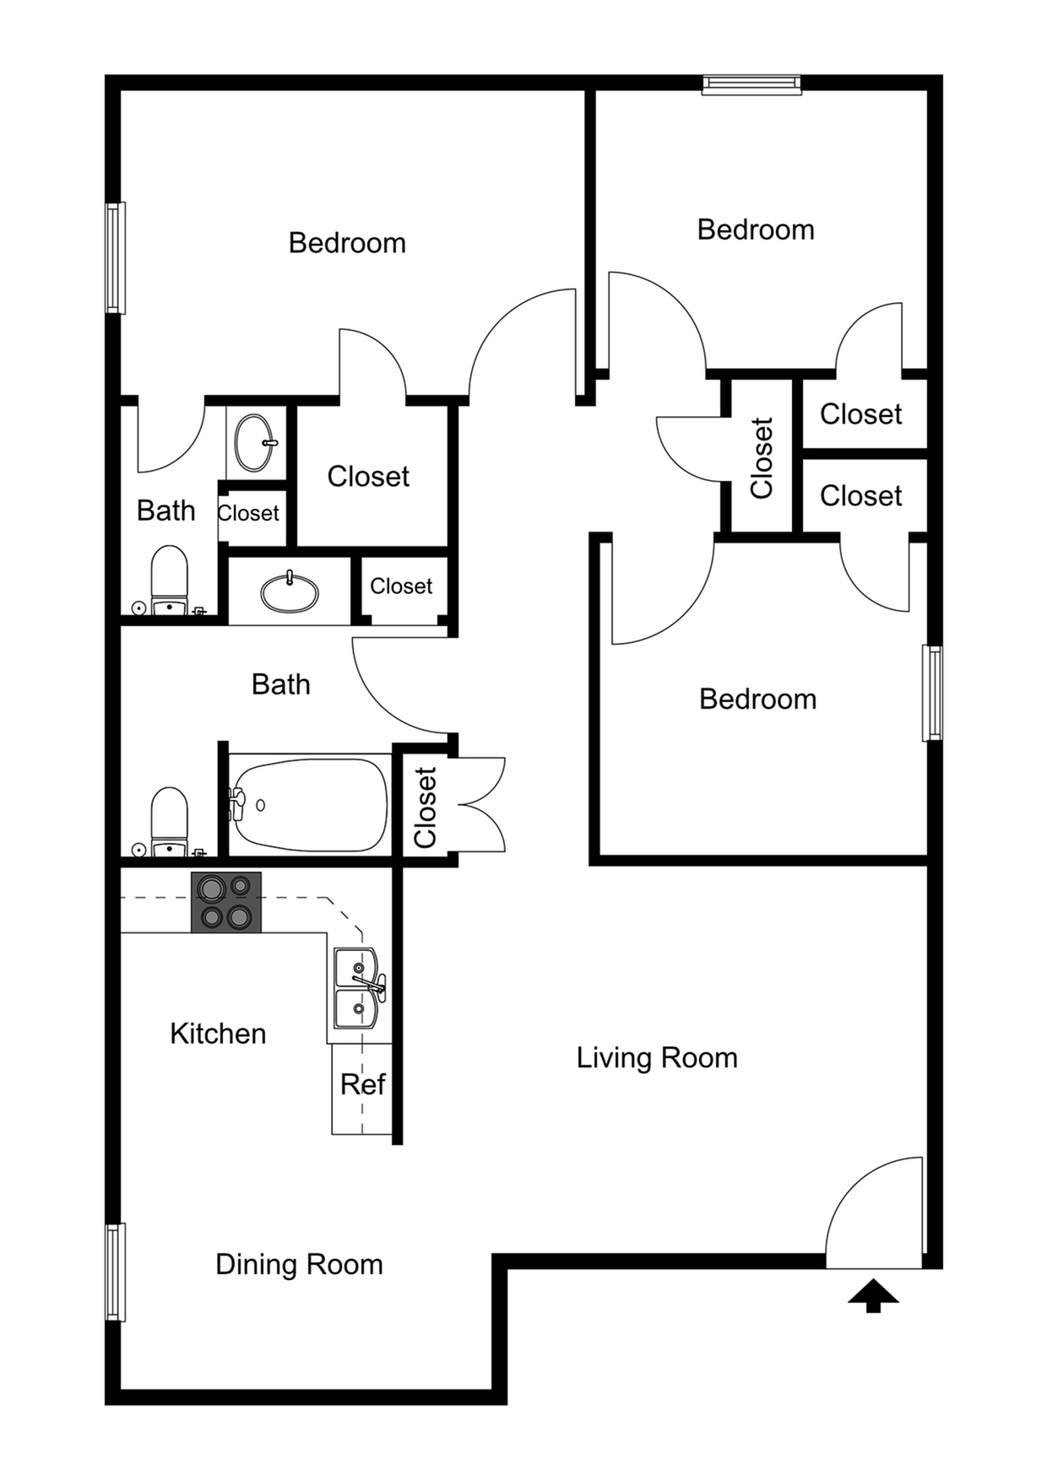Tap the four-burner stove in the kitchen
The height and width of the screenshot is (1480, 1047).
(226, 902)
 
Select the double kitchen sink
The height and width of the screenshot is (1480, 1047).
(357, 988)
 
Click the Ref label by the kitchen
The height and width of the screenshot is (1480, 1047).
(362, 1084)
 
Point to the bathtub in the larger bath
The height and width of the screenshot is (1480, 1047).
(309, 805)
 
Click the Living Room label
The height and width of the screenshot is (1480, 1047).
(657, 1057)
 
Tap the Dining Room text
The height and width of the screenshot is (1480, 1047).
(299, 1264)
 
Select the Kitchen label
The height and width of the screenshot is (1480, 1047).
(218, 1034)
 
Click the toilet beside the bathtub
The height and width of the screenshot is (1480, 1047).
(169, 822)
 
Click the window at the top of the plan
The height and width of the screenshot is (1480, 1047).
(751, 84)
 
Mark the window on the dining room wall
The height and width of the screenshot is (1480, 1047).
(115, 1272)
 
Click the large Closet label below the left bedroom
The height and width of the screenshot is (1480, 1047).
(368, 477)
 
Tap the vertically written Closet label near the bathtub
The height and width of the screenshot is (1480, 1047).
(425, 808)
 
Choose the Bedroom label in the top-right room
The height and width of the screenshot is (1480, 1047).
(756, 230)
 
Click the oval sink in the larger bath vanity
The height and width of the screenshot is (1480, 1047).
(290, 593)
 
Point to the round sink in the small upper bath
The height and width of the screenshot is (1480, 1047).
(254, 442)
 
